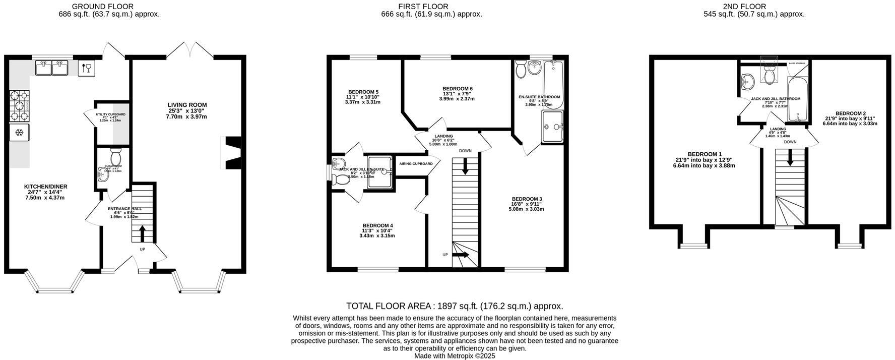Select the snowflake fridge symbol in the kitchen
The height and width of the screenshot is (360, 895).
pyautogui.click(x=19, y=133)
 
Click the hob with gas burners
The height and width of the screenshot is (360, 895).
pyautogui.click(x=19, y=105)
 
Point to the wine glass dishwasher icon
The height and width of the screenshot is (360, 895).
pyautogui.click(x=86, y=68)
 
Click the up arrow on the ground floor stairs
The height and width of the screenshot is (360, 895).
pyautogui.click(x=142, y=233)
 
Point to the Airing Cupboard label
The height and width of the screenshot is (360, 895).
pyautogui.click(x=416, y=164)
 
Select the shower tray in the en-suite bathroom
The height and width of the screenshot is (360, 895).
pyautogui.click(x=553, y=128)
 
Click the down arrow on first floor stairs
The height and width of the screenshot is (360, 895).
pyautogui.click(x=465, y=166)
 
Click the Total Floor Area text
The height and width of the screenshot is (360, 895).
pyautogui.click(x=454, y=306)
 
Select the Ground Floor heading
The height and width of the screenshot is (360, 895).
pyautogui.click(x=102, y=7)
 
